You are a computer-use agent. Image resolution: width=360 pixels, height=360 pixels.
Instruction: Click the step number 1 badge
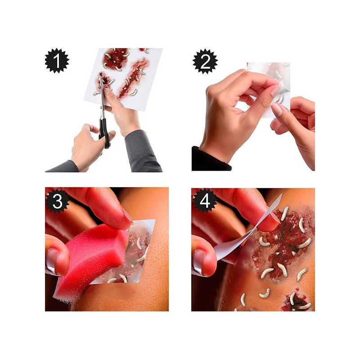[57, 61]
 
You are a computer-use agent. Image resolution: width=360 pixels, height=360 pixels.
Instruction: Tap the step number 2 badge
[205, 61]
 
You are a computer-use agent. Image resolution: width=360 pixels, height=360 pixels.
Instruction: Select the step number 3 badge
[58, 201]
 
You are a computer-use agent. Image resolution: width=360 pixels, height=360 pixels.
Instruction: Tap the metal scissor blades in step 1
[102, 96]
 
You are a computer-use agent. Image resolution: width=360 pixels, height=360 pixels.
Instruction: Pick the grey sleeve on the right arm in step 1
[142, 152]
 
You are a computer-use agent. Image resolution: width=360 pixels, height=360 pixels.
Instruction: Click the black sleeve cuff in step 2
[210, 160]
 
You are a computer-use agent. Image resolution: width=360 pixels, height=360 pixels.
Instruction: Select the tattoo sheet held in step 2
[269, 90]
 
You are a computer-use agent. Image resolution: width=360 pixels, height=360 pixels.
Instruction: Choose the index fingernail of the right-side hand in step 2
[277, 109]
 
